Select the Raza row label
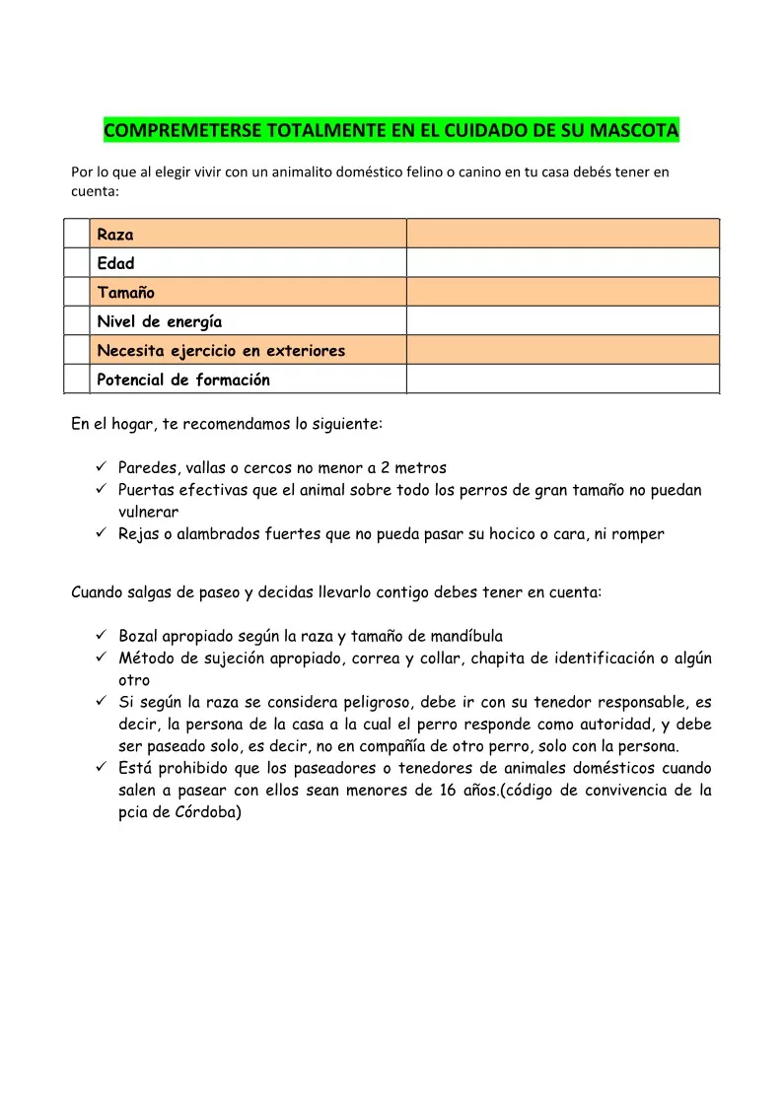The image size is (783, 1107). [x=115, y=235]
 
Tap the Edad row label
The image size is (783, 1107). [x=115, y=263]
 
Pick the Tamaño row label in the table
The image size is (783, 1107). [x=126, y=292]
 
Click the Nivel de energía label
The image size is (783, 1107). [x=160, y=321]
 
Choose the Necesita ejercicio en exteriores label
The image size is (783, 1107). [x=221, y=350]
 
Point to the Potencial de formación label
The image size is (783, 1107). [x=183, y=380]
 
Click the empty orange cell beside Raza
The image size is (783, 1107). [x=562, y=234]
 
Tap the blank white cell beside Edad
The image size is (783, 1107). [x=562, y=262]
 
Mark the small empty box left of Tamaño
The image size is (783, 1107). [x=77, y=292]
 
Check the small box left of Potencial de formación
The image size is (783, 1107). [x=77, y=380]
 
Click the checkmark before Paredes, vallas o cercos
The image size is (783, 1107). [x=102, y=467]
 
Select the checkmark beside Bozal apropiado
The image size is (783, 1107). [x=102, y=636]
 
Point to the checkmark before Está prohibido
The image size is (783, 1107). [x=102, y=768]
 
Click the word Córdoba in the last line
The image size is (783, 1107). [x=206, y=814]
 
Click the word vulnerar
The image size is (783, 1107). [x=148, y=512]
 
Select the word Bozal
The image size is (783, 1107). [x=139, y=636]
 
